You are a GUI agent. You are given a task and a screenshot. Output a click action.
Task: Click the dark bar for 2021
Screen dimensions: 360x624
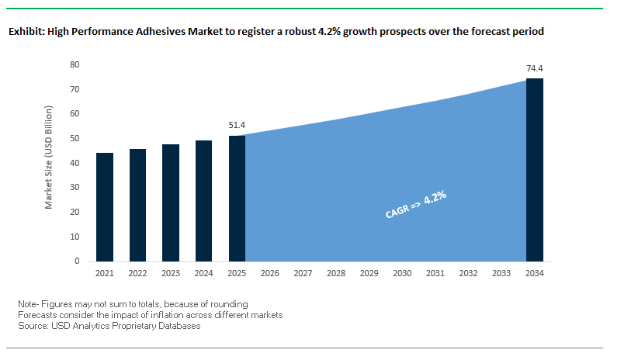tap(105, 207)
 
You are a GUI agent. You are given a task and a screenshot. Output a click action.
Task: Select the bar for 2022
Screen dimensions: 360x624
tap(137, 205)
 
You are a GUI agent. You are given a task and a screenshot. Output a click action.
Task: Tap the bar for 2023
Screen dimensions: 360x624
tap(171, 202)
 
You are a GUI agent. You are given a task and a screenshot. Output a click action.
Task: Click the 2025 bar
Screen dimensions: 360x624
tap(237, 198)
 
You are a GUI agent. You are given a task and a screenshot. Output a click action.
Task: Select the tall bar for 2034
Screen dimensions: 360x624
tap(535, 170)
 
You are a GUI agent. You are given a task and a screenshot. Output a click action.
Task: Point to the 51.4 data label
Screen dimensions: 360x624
tap(237, 124)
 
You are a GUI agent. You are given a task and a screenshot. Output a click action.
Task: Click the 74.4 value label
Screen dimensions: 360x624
tap(535, 68)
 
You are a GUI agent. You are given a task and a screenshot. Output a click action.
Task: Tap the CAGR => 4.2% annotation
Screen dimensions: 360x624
tap(416, 204)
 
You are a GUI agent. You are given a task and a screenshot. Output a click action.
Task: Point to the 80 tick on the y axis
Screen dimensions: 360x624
tap(75, 64)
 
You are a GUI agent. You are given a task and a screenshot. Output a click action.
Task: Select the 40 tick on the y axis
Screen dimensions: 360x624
tap(75, 163)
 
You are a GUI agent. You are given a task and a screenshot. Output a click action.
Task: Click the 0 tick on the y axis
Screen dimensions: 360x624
tap(78, 261)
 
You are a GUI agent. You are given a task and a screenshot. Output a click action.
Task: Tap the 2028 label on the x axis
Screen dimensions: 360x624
tap(336, 273)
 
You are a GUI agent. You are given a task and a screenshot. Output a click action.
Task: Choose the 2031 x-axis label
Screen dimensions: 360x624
tap(435, 273)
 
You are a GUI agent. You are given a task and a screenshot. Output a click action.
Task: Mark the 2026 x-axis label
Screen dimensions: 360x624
tap(270, 273)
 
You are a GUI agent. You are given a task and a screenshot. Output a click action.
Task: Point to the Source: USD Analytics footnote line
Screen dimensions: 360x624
tap(109, 326)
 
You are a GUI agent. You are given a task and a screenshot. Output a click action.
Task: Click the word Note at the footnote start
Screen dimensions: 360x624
tap(28, 303)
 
